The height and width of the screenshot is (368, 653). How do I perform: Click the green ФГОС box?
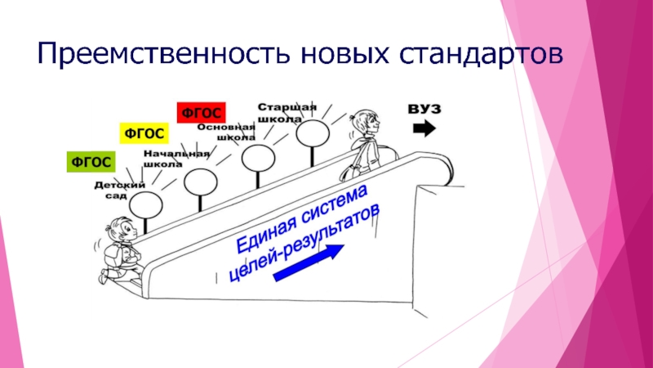click(90, 162)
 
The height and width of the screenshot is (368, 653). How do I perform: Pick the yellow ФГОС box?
click(143, 132)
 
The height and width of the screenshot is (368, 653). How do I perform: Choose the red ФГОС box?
click(200, 111)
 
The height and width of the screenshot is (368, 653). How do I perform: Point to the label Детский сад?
click(113, 191)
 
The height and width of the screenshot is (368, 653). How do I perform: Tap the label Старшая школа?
click(286, 112)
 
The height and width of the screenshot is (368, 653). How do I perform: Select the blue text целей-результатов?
click(304, 241)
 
